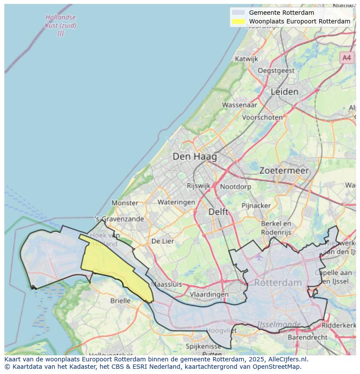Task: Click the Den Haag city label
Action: point(194,156)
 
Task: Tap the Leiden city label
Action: point(284,92)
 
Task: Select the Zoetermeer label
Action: point(284,171)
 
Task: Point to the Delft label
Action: point(218,212)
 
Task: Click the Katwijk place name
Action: point(246,59)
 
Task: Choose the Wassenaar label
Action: point(240,105)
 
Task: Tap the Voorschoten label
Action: point(262,117)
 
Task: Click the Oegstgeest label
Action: point(276,70)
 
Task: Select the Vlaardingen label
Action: point(209,294)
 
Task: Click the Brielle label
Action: point(120,301)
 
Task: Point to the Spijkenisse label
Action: point(204,346)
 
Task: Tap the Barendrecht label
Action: point(308,337)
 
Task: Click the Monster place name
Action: point(125,203)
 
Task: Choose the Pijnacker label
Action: point(257,205)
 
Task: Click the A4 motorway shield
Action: point(346,58)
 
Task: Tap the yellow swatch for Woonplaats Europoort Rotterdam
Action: point(238,21)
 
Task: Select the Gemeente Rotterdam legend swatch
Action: point(238,13)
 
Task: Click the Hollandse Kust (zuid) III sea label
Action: point(60,25)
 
